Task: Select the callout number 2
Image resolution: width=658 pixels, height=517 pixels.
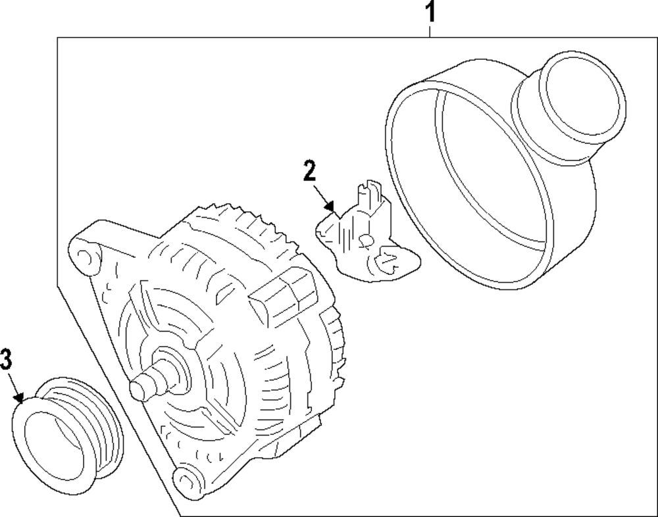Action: click(309, 170)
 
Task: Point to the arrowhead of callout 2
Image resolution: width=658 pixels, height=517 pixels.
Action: click(336, 214)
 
